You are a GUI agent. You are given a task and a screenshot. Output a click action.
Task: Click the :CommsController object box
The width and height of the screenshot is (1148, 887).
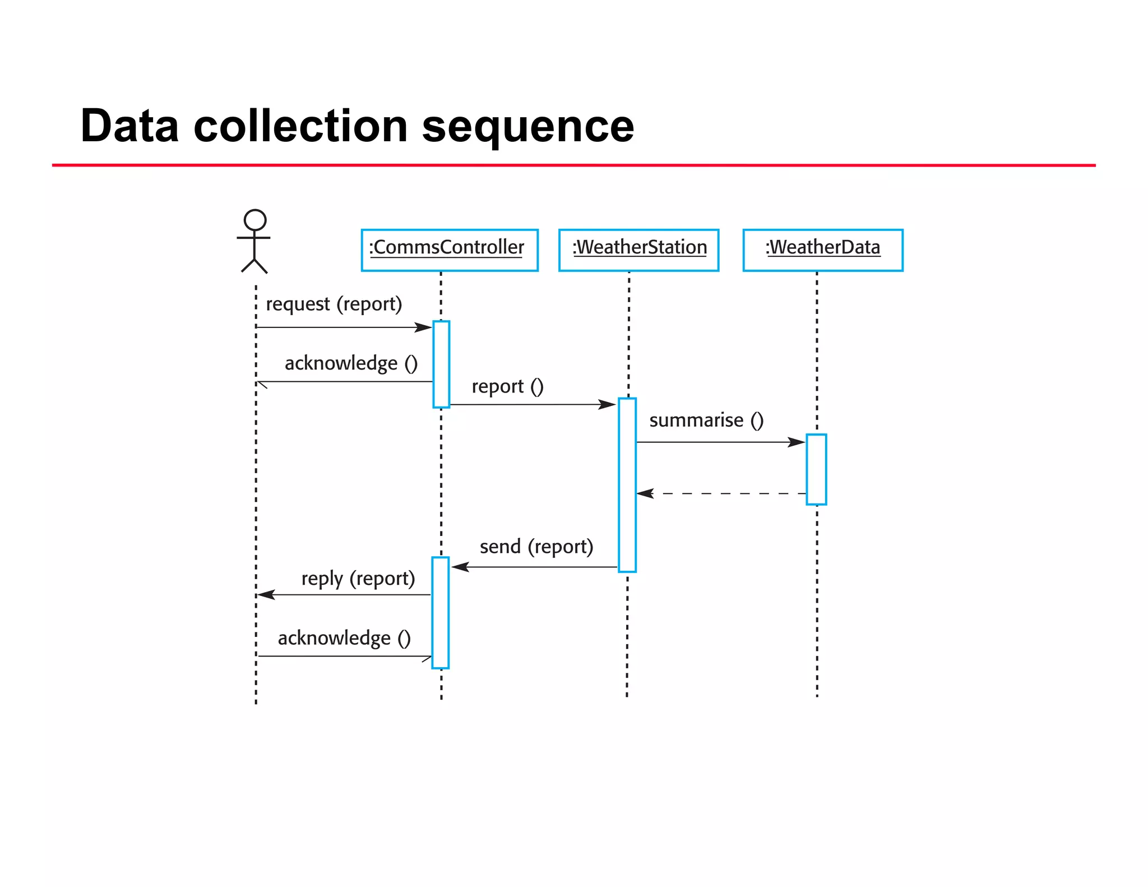coord(449,250)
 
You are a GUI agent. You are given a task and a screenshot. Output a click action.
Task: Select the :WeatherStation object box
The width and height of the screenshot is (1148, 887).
coord(638,250)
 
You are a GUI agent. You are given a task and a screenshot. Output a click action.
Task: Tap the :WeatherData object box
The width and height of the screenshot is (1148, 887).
coord(822,250)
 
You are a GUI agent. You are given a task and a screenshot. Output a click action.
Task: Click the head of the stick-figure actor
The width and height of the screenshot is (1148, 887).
coord(255,220)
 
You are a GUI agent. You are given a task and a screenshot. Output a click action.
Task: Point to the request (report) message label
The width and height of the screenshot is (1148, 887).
coord(334,304)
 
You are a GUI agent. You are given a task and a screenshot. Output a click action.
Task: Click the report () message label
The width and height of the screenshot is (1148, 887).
coord(507,386)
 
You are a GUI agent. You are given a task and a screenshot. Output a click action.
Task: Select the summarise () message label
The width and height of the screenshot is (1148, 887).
coord(706,420)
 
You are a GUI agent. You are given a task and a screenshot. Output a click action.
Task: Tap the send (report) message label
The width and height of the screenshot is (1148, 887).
coord(536,547)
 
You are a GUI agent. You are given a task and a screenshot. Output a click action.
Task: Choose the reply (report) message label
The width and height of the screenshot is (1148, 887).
coord(358,579)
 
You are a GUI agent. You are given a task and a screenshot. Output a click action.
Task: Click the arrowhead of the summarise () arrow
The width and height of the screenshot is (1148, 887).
coord(797,442)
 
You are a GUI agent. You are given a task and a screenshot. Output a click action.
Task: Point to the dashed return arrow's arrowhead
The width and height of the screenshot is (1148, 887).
coord(645,493)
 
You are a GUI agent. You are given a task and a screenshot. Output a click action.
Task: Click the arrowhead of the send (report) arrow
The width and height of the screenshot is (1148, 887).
coord(460,567)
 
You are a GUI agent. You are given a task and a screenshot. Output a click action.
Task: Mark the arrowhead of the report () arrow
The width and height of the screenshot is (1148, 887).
coord(608,404)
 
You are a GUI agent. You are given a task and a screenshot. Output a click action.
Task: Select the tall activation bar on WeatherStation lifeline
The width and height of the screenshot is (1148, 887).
coord(627,485)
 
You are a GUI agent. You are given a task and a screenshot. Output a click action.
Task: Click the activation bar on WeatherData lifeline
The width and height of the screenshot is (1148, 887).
coord(816,469)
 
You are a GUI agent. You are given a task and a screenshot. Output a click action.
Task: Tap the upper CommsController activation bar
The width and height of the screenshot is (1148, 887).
coord(441,364)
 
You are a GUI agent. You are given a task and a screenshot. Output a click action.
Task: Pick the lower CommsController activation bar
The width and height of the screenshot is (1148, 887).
coord(441,612)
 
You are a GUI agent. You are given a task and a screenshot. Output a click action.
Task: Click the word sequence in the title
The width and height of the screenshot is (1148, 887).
coord(527,126)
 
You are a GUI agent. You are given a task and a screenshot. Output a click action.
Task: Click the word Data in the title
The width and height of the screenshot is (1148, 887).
coord(129,126)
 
